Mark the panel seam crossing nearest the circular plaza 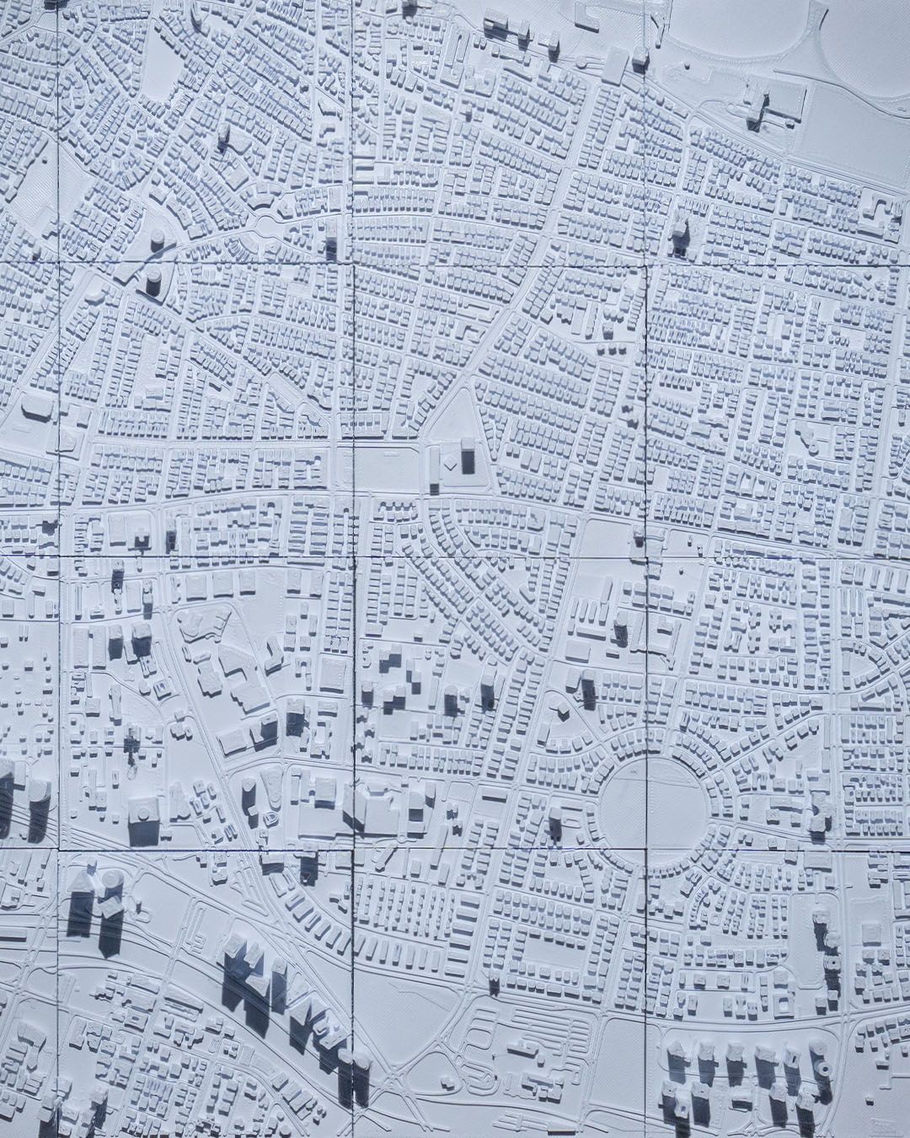(647, 846)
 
